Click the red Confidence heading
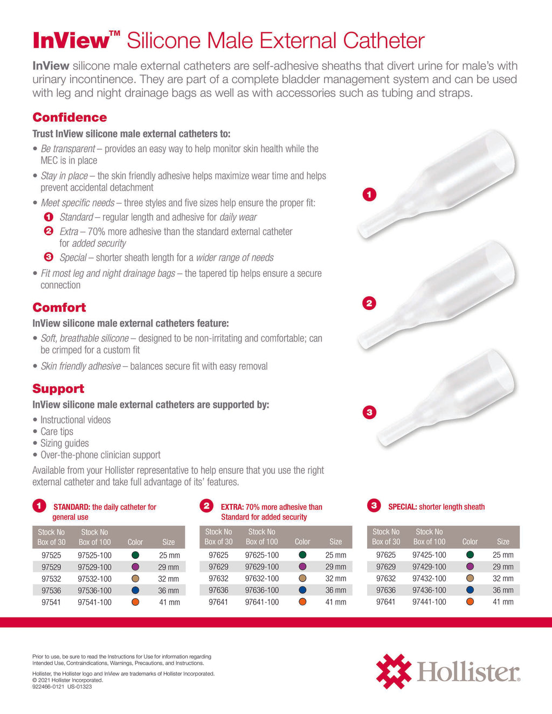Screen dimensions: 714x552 pyautogui.click(x=70, y=117)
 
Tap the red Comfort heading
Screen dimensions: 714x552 pyautogui.click(x=59, y=308)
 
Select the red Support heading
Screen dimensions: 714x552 pyautogui.click(x=58, y=389)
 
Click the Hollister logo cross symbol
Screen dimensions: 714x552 pyautogui.click(x=393, y=671)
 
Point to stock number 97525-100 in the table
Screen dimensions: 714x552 pyautogui.click(x=94, y=556)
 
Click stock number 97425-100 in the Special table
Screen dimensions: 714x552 pyautogui.click(x=429, y=555)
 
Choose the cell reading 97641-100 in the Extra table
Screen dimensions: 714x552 pyautogui.click(x=262, y=602)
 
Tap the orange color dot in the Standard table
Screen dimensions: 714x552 pyautogui.click(x=135, y=602)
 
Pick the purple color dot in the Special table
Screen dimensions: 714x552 pyautogui.click(x=470, y=567)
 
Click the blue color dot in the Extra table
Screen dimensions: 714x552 pyautogui.click(x=302, y=591)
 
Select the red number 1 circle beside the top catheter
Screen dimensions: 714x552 pyautogui.click(x=369, y=195)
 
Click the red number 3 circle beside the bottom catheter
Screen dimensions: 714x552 pyautogui.click(x=369, y=413)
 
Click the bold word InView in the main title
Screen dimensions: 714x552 pyautogui.click(x=71, y=41)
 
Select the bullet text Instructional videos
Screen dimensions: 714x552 pyautogui.click(x=75, y=420)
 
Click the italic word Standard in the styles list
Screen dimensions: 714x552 pyautogui.click(x=76, y=217)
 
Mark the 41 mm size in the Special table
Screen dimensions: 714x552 pyautogui.click(x=503, y=602)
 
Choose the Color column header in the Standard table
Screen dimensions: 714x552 pyautogui.click(x=135, y=542)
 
